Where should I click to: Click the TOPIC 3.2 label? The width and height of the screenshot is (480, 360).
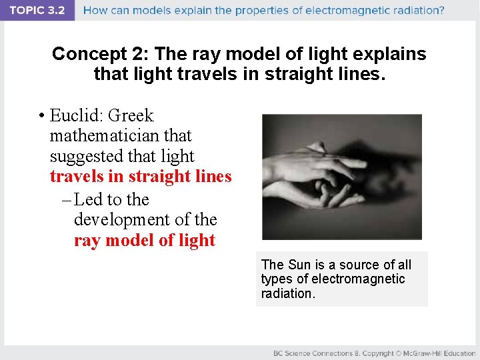tap(37, 11)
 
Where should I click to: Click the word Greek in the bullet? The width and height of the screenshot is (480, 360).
tap(130, 116)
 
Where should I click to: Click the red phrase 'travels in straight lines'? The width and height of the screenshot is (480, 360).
tap(141, 177)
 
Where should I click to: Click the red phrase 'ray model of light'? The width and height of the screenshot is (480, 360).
tap(145, 240)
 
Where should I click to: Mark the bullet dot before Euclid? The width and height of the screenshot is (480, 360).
tap(41, 117)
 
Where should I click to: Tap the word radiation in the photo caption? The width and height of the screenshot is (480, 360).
tap(287, 293)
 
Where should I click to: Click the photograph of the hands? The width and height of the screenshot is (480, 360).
tap(341, 177)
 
